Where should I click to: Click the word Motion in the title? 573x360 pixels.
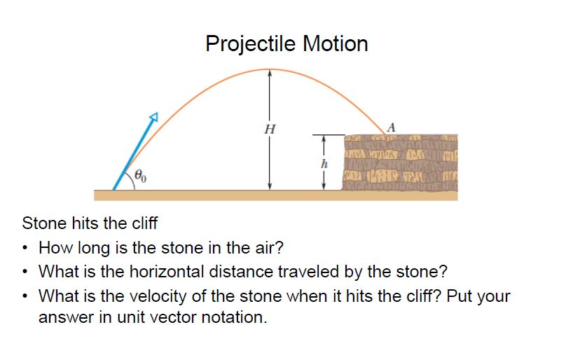click(x=335, y=44)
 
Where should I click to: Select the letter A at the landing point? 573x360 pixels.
click(x=391, y=127)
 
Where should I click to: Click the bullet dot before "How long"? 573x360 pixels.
click(x=26, y=248)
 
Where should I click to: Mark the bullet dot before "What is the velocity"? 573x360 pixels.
click(x=26, y=295)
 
